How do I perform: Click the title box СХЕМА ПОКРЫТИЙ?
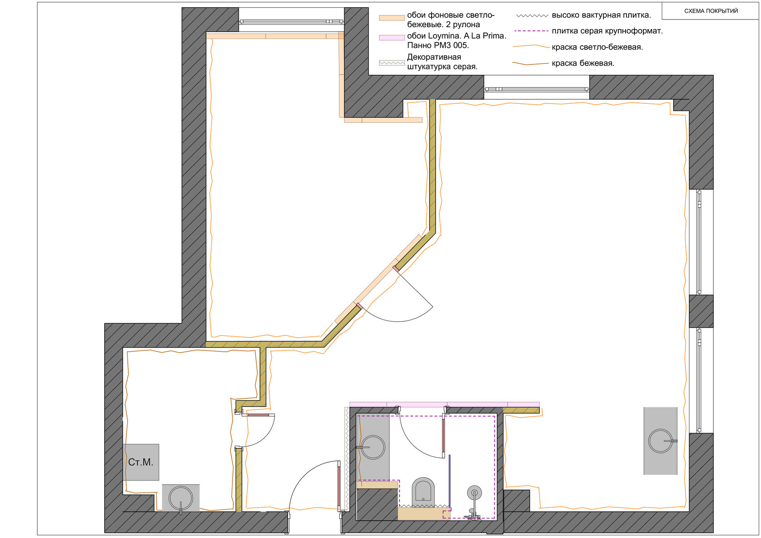[x=710, y=11]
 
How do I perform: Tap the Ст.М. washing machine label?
[x=140, y=462]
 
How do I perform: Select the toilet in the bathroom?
[x=423, y=491]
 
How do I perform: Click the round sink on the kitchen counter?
[x=660, y=441]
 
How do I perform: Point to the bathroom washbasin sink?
[x=372, y=447]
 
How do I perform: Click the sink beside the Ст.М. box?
[x=181, y=498]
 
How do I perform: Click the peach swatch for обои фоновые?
[x=392, y=18]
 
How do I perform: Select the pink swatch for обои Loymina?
[x=392, y=37]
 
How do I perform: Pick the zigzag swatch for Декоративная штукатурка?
[x=392, y=63]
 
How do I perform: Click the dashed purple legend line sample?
[x=532, y=31]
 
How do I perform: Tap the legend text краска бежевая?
[x=583, y=63]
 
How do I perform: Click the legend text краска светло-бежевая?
[x=597, y=47]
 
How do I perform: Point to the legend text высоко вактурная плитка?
[x=602, y=15]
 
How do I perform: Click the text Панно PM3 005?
[x=438, y=45]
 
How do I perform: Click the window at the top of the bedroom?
[x=292, y=22]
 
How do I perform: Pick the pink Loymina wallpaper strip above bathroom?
[x=444, y=404]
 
